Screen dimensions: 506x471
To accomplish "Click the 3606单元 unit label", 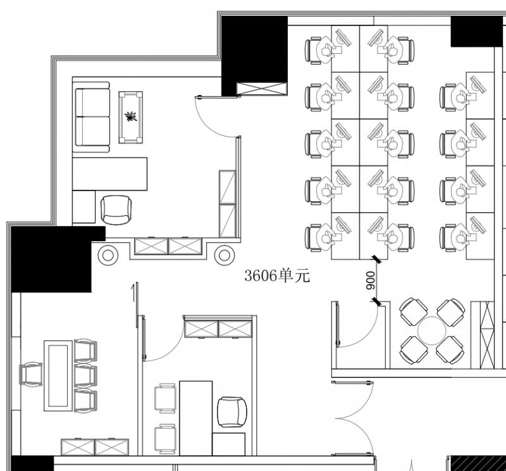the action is pos(277,276).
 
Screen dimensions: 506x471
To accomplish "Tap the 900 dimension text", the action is pos(371,280).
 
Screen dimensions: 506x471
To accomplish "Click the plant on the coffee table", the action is pos(130,116).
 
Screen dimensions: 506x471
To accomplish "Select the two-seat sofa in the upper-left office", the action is pos(91,117).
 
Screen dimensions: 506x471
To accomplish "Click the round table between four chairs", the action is pos(432,331).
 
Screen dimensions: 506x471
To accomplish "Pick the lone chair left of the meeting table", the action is pos(31,375).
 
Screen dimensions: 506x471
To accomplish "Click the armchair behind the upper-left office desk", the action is pos(116,210).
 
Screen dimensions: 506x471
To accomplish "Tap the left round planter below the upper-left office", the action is pos(108,255).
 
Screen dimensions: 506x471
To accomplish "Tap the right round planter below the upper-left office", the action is pos(225,255).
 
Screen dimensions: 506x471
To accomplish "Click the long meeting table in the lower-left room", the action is pos(58,375).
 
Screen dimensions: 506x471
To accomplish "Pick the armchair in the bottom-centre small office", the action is pos(232,412).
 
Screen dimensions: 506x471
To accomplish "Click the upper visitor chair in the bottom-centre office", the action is pos(165,398).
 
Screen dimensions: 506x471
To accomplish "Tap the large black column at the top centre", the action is pos(254,56).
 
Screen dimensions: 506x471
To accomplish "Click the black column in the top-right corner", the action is pos(477,31).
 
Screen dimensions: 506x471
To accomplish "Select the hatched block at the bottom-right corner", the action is pos(477,463).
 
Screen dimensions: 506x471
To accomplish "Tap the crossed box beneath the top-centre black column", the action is pos(261,89).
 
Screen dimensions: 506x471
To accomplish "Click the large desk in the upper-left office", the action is pos(109,174).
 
